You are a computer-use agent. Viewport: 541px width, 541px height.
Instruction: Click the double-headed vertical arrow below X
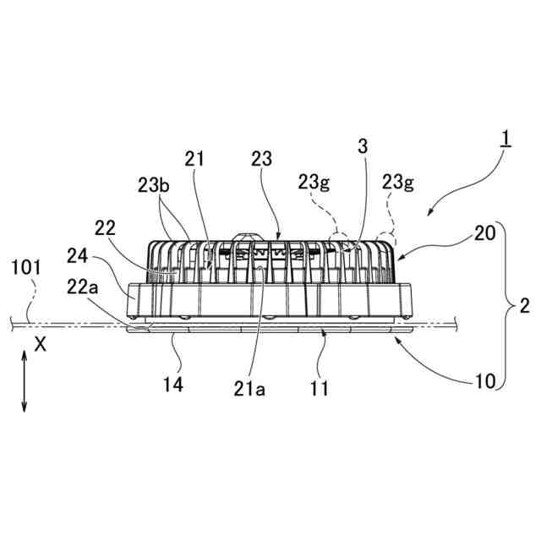[x=25, y=382]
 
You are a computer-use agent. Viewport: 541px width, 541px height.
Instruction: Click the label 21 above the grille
[x=196, y=158]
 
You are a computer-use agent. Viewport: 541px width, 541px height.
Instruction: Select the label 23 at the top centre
[x=262, y=158]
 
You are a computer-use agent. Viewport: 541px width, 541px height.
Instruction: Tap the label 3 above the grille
[x=363, y=146]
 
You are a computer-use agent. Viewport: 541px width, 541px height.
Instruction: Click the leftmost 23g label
[x=314, y=180]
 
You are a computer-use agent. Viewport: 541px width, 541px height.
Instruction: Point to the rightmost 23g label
[x=397, y=180]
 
